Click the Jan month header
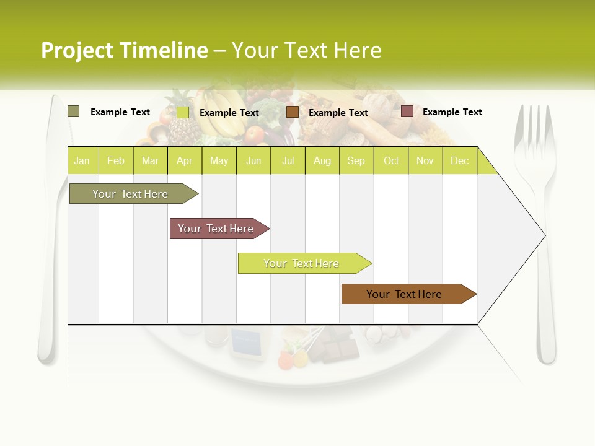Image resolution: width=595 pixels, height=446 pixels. (x=82, y=161)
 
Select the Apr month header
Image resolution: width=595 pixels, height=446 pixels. (x=184, y=161)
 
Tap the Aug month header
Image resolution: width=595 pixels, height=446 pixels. (x=322, y=161)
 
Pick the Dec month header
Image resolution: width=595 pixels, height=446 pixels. (x=459, y=161)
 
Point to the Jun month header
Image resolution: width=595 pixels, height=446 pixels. (x=253, y=161)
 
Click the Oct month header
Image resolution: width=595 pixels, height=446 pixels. (x=391, y=161)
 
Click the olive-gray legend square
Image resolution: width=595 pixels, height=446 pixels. (x=73, y=111)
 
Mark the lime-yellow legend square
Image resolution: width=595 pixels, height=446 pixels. (x=183, y=112)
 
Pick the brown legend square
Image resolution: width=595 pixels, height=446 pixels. (x=293, y=111)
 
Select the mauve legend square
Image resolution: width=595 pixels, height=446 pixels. (x=407, y=111)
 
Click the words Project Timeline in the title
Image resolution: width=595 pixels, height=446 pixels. (x=124, y=50)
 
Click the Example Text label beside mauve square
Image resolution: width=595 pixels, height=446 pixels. (x=452, y=112)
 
